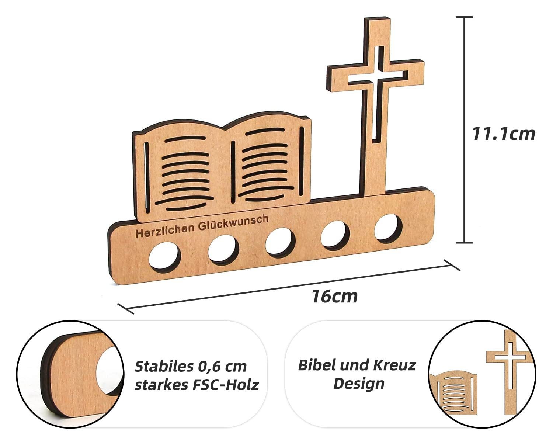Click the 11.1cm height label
(x=504, y=134)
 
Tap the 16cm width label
(x=334, y=296)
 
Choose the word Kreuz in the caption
(x=394, y=365)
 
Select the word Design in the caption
(x=359, y=384)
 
